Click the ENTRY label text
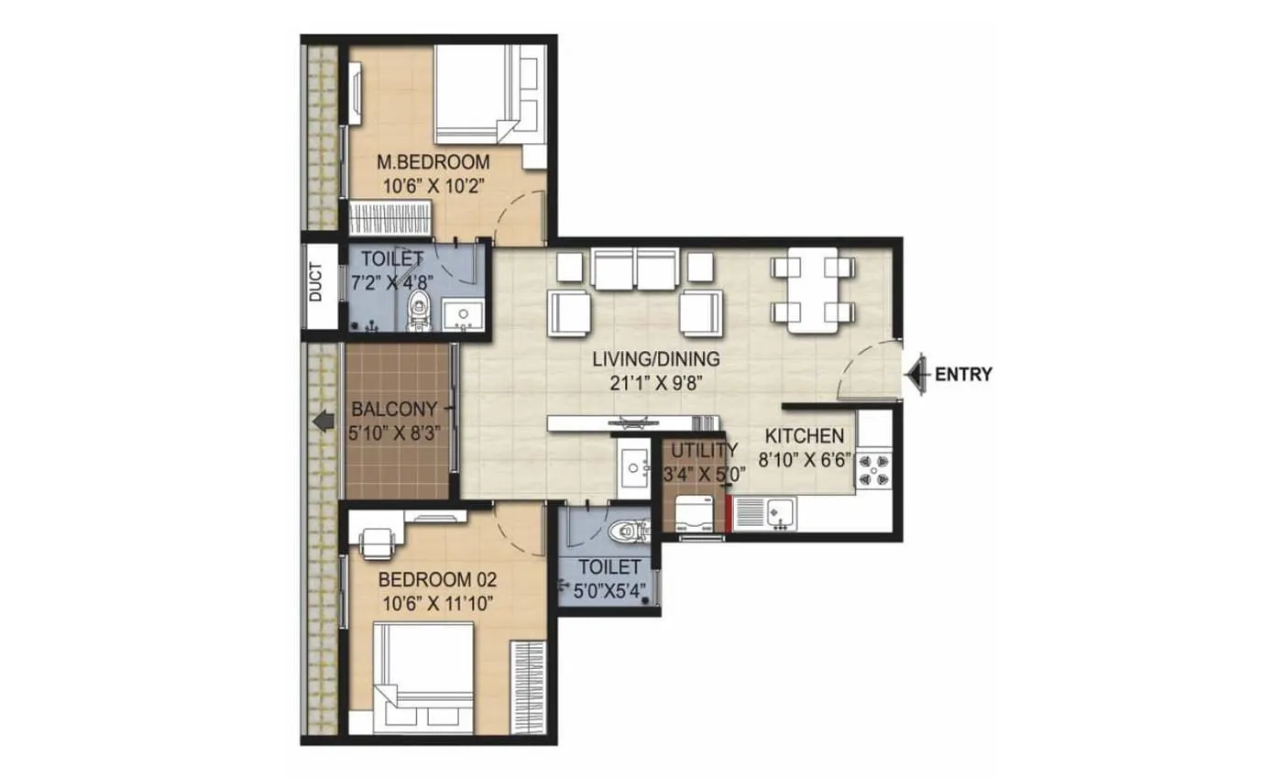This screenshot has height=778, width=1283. click(x=962, y=374)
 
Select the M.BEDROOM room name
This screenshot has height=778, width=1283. click(x=433, y=162)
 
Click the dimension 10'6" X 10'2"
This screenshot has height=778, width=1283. click(x=433, y=184)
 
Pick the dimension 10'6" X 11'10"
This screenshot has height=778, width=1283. click(x=437, y=602)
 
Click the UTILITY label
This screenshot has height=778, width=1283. click(x=701, y=450)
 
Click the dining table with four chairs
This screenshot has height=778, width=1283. click(x=814, y=290)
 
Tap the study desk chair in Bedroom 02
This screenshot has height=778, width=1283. click(x=374, y=544)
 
